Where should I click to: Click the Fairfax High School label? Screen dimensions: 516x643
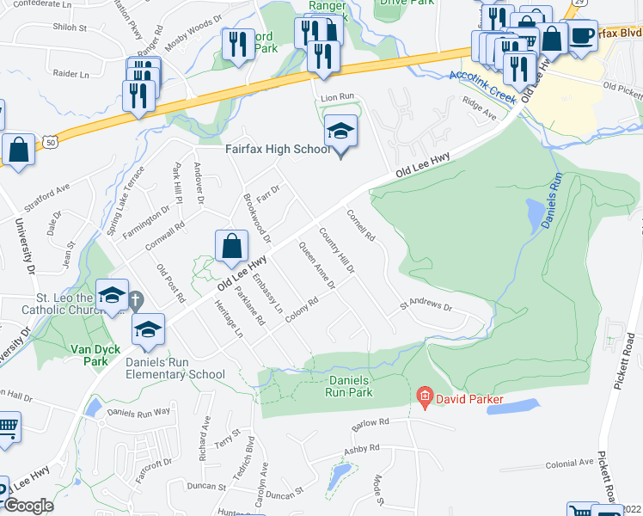click(x=278, y=150)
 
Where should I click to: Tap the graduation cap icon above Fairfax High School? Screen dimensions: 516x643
click(x=341, y=132)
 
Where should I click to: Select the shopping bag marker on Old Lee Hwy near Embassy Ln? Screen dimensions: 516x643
click(x=231, y=247)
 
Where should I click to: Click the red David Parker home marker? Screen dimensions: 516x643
click(x=424, y=396)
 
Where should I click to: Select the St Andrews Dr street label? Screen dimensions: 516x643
click(x=425, y=305)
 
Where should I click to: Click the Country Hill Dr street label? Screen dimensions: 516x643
click(x=336, y=250)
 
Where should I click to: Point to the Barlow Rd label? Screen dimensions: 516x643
click(x=370, y=422)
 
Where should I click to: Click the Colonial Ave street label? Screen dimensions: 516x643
click(x=569, y=464)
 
